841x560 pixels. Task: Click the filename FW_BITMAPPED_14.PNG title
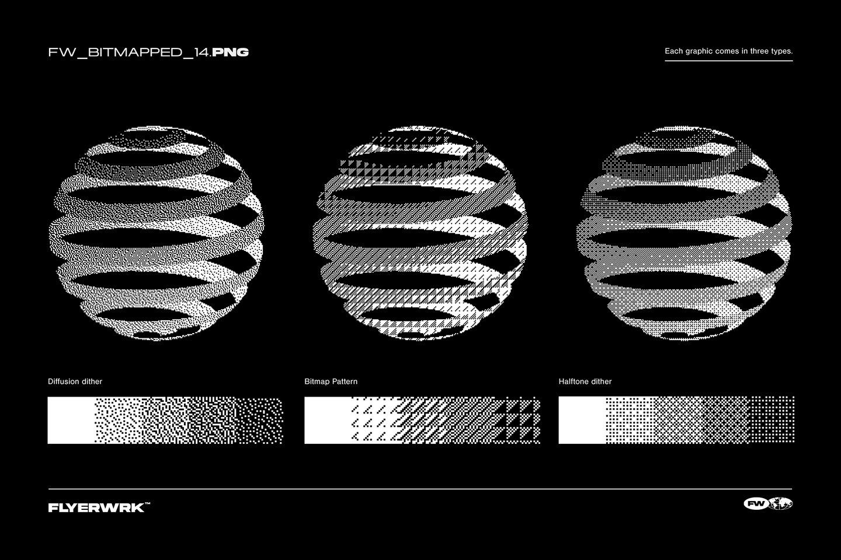pyautogui.click(x=148, y=52)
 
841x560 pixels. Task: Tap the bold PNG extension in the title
pyautogui.click(x=231, y=52)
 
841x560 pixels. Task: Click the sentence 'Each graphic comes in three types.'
pyautogui.click(x=728, y=51)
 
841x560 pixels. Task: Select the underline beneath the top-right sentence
pyautogui.click(x=728, y=61)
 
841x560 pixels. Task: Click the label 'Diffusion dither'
pyautogui.click(x=75, y=381)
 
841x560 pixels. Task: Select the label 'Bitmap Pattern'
pyautogui.click(x=331, y=381)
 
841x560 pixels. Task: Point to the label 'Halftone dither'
pyautogui.click(x=585, y=381)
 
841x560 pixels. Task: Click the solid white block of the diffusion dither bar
pyautogui.click(x=71, y=420)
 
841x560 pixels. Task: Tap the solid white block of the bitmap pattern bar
pyautogui.click(x=327, y=420)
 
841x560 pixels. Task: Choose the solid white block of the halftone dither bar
pyautogui.click(x=582, y=420)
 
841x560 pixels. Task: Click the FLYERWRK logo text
pyautogui.click(x=96, y=508)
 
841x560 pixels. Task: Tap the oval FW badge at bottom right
pyautogui.click(x=756, y=503)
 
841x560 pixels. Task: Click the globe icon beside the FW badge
pyautogui.click(x=781, y=503)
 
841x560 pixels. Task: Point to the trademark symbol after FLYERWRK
pyautogui.click(x=147, y=505)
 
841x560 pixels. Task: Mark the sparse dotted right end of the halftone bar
pyautogui.click(x=772, y=420)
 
